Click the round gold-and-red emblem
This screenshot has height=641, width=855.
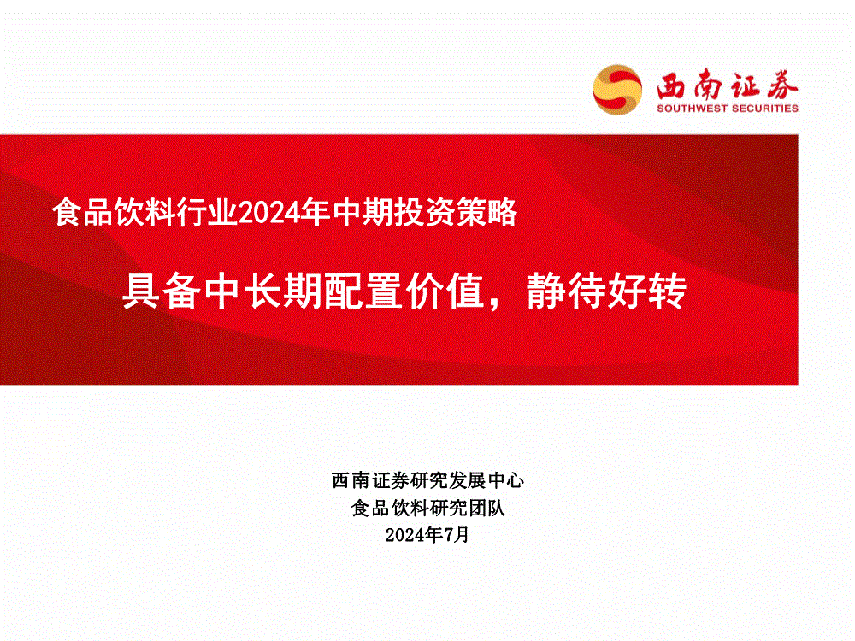[x=617, y=90]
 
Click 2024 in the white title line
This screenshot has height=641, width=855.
[x=269, y=213]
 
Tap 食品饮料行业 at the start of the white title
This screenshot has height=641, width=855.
[x=145, y=212]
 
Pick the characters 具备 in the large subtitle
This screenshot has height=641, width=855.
[x=162, y=291]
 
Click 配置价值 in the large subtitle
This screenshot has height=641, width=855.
[x=404, y=291]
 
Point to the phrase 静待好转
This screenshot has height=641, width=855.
[x=606, y=291]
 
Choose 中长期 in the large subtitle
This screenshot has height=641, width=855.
[x=263, y=291]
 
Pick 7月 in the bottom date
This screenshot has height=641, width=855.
[x=457, y=535]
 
